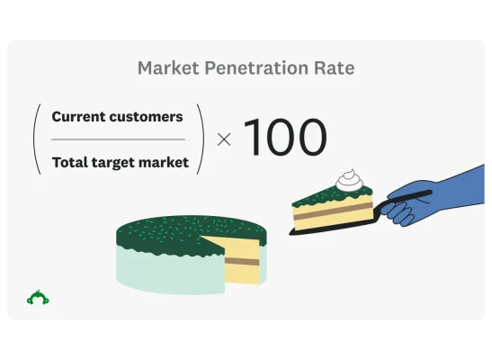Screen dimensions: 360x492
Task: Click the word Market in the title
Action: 164,68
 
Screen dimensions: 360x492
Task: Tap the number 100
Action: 284,139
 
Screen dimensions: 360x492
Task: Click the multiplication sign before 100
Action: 224,139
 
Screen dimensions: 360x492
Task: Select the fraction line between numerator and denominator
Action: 118,139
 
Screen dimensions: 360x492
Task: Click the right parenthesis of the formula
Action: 201,139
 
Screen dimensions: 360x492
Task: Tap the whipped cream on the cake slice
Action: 349,181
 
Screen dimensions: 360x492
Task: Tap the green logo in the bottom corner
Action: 38,297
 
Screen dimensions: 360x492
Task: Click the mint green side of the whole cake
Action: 162,272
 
